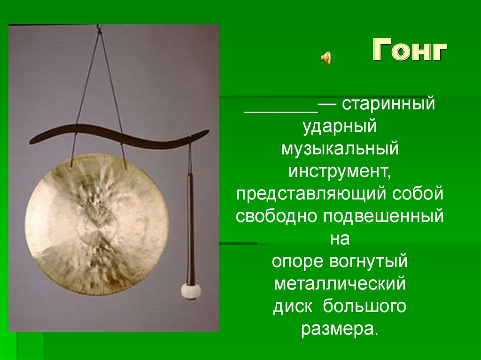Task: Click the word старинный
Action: pyautogui.click(x=388, y=104)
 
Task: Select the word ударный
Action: pyautogui.click(x=340, y=126)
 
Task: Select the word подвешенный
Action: pyautogui.click(x=382, y=216)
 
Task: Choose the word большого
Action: pyautogui.click(x=364, y=306)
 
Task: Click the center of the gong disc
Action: pyautogui.click(x=96, y=224)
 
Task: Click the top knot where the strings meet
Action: pyautogui.click(x=99, y=30)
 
